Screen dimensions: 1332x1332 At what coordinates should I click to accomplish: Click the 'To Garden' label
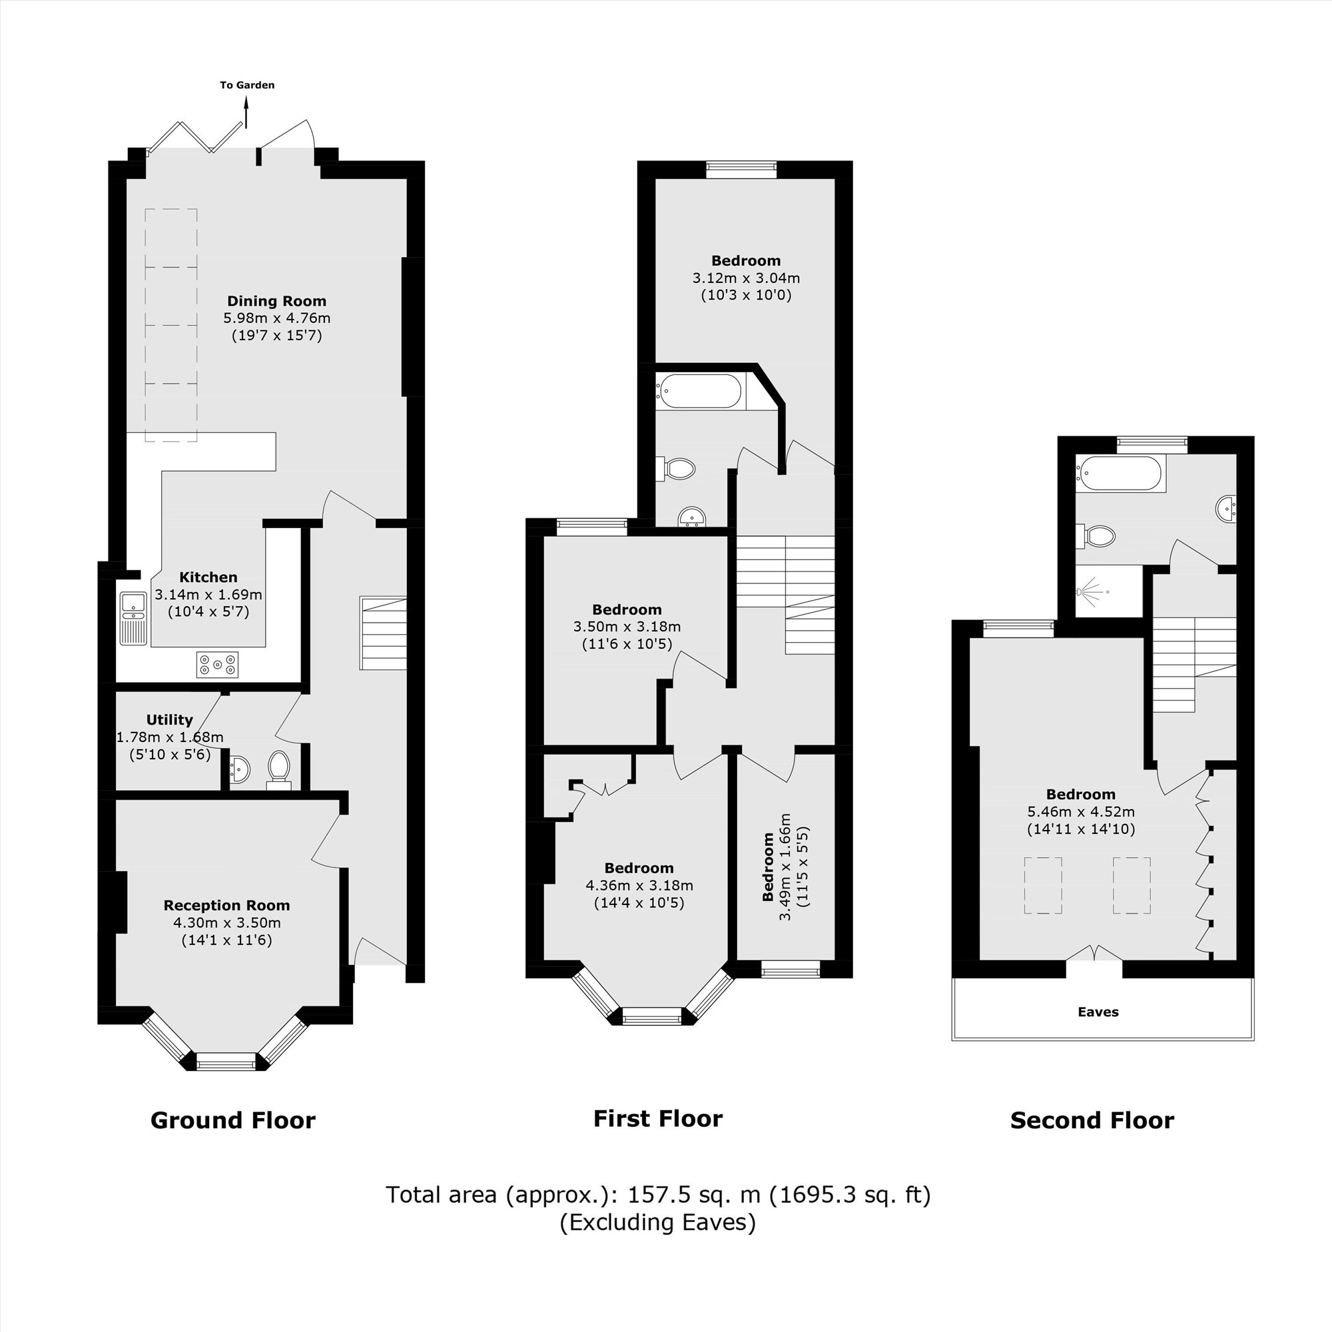click(247, 85)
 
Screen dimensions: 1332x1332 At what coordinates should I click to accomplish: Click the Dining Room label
click(276, 300)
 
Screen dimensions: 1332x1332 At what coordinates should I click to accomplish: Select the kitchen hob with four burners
click(217, 665)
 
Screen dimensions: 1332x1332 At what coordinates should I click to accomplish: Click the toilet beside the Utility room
click(279, 768)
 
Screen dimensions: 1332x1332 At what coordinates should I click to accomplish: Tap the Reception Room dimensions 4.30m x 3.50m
click(227, 922)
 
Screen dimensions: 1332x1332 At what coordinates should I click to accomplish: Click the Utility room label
click(170, 720)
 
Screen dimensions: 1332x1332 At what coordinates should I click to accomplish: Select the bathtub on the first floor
click(699, 391)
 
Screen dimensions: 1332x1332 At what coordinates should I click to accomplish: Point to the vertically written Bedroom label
click(768, 867)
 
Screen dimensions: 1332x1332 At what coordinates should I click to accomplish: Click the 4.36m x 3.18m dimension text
click(639, 885)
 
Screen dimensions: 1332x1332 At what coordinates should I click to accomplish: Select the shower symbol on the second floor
click(1091, 591)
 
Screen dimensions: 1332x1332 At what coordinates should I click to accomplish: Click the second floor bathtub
click(1120, 474)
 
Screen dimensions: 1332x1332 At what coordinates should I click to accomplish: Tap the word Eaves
click(1098, 1012)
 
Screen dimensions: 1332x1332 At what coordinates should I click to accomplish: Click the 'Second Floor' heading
click(1092, 1121)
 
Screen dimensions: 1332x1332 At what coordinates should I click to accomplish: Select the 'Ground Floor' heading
click(233, 1121)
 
